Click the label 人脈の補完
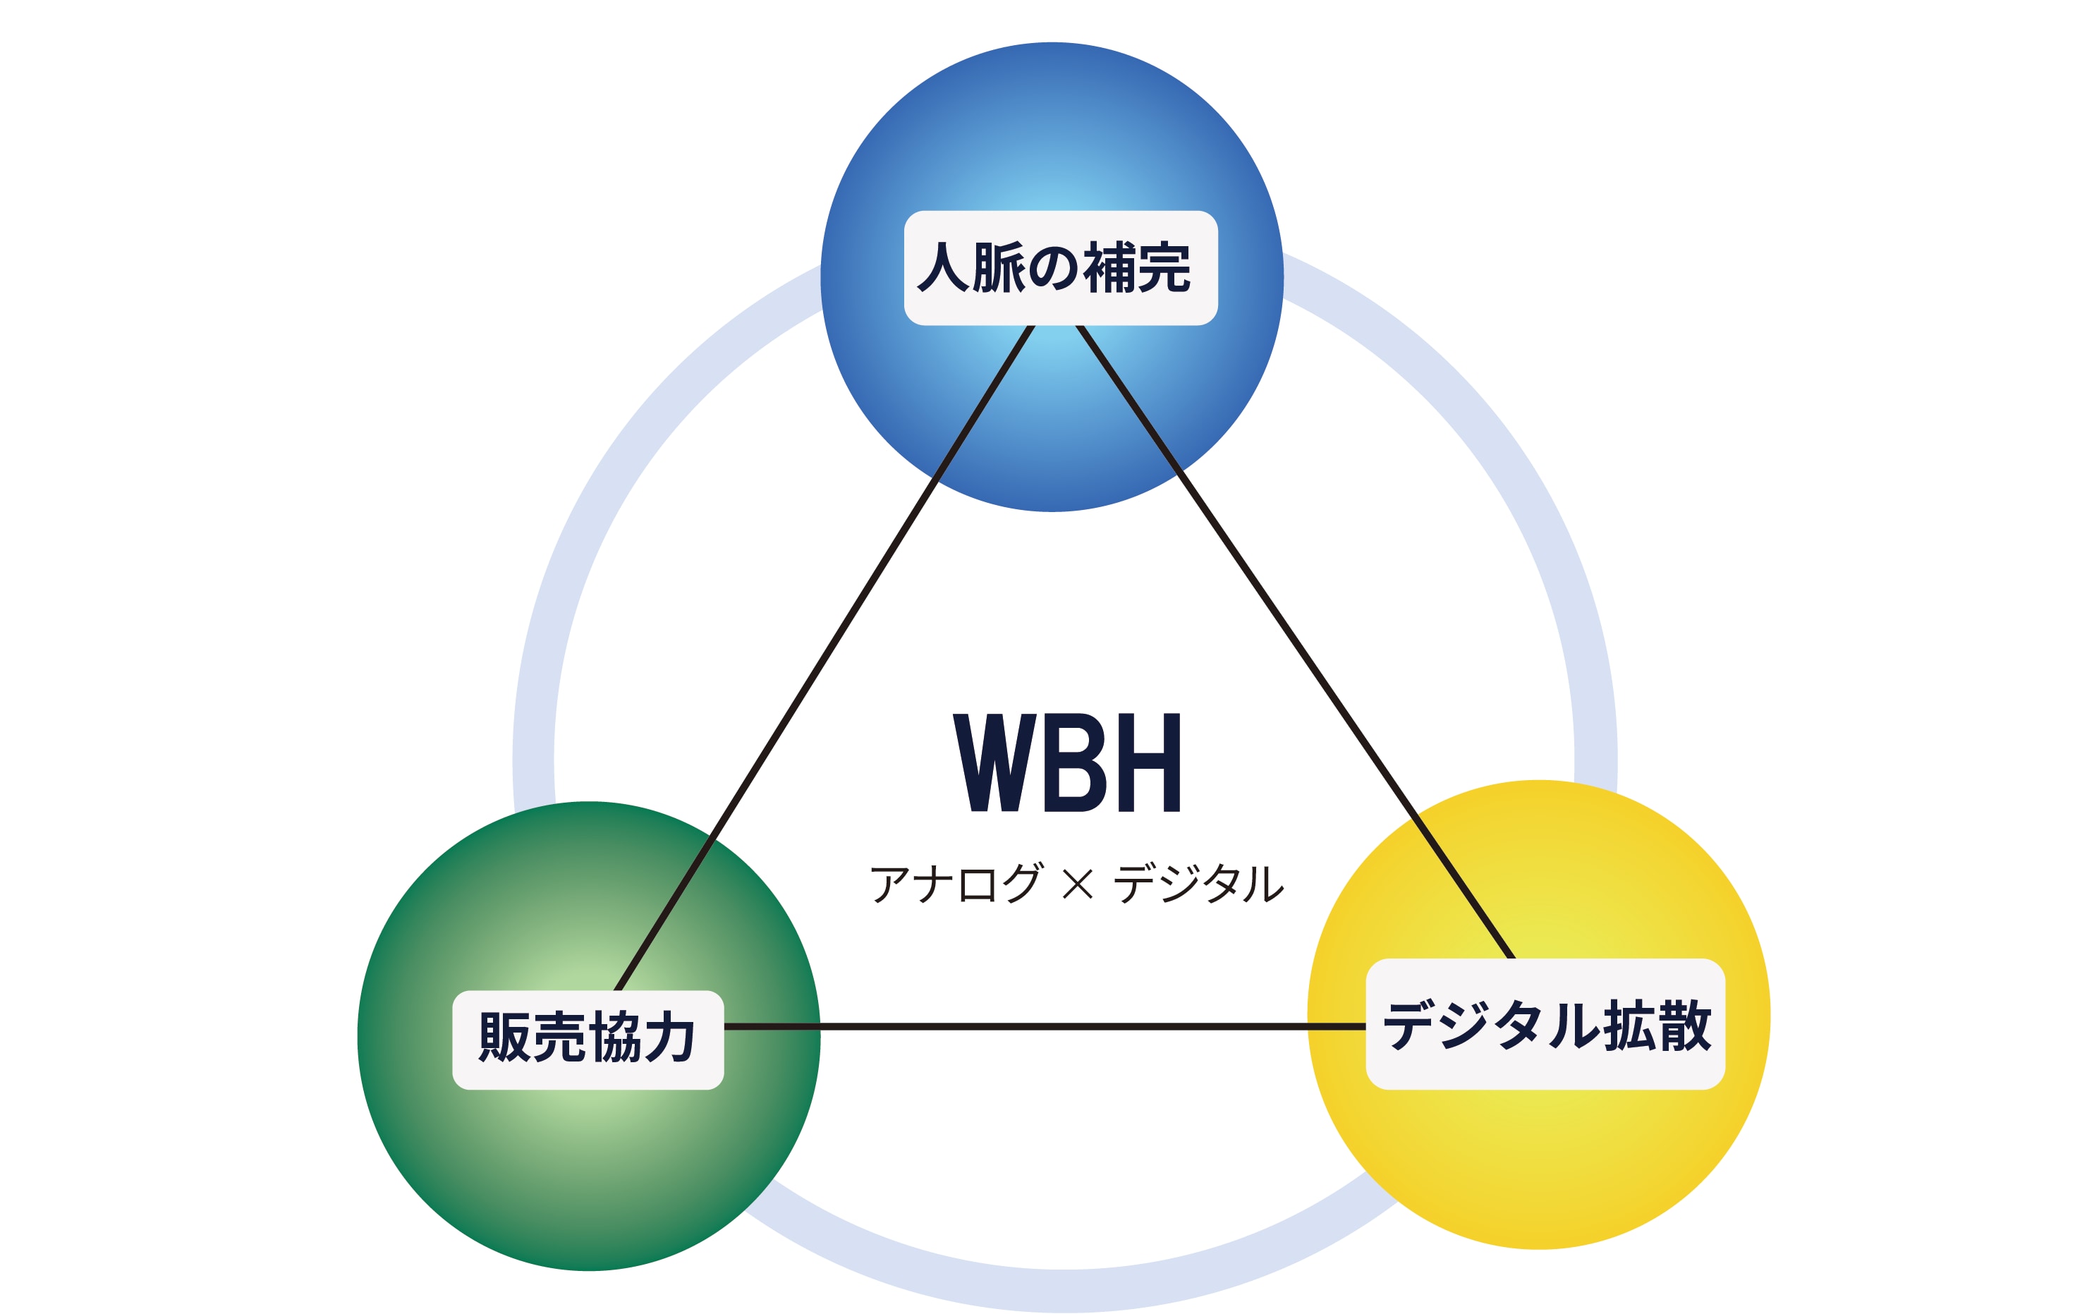1060,267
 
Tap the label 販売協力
588,1039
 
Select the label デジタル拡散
1545,1026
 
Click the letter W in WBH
994,762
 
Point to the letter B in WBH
1075,762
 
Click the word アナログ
956,883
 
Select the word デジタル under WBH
1198,883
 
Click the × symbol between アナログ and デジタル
1077,884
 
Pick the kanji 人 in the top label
943,267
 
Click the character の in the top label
1053,267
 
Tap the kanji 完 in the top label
1164,267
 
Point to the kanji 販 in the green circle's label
505,1038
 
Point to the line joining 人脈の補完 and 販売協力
823,659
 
